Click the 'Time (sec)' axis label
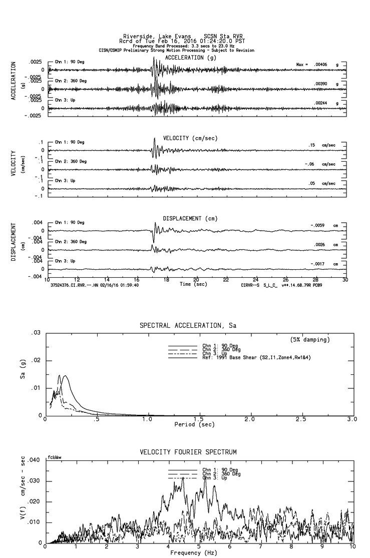194,284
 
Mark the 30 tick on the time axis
344,280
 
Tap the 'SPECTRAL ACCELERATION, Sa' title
187,326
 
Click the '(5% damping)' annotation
309,340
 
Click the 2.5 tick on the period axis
300,419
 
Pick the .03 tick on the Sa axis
36,333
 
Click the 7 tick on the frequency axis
261,547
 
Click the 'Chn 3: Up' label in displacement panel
65,261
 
